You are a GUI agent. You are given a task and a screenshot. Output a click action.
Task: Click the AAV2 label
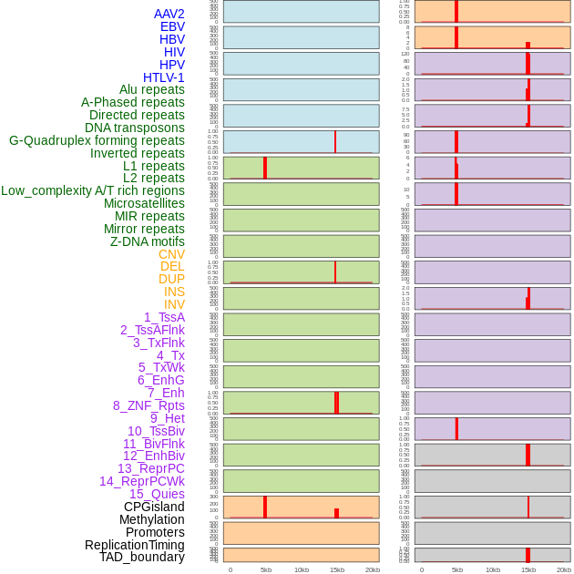click(169, 14)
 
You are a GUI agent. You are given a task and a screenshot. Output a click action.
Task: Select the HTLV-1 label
click(163, 77)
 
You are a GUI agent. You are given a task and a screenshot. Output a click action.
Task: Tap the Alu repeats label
click(151, 89)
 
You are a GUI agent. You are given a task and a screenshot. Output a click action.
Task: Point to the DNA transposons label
click(135, 128)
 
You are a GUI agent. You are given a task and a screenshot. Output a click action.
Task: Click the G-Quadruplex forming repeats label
click(97, 140)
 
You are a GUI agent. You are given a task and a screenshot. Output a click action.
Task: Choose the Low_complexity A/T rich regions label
click(93, 190)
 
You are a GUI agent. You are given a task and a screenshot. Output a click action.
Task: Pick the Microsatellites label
click(144, 203)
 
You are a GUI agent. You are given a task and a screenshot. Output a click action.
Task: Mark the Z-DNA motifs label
click(147, 241)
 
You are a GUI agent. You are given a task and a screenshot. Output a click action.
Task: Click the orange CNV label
click(171, 254)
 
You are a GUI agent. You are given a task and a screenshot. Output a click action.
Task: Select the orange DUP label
click(171, 279)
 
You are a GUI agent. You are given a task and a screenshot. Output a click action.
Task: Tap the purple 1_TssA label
click(164, 317)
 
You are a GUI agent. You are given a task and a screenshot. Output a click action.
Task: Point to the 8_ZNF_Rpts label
click(149, 405)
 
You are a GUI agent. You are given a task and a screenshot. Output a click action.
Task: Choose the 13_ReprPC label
click(150, 468)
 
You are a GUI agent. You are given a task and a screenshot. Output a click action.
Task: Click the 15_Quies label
click(157, 494)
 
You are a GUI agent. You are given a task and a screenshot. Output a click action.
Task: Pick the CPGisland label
click(154, 507)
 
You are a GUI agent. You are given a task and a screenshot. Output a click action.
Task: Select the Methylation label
click(151, 519)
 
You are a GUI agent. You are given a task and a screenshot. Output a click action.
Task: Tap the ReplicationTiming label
click(134, 545)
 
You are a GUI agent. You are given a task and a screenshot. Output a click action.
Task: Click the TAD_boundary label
click(141, 557)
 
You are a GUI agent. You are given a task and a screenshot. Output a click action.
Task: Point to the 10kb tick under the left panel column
click(302, 569)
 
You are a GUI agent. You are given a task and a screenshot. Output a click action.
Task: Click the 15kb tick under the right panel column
click(528, 569)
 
